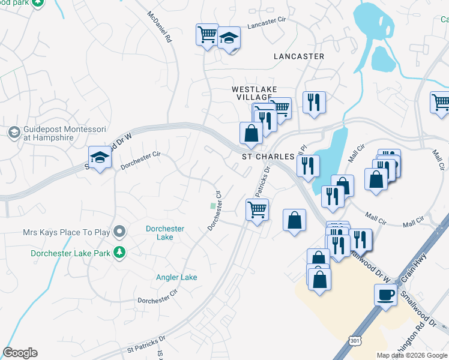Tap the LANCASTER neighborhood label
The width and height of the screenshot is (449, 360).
(298, 56)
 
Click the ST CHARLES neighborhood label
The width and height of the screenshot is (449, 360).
(268, 157)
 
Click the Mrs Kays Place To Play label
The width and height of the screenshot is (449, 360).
(68, 232)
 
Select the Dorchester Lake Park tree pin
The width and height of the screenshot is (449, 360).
(121, 253)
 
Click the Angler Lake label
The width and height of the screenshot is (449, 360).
(176, 277)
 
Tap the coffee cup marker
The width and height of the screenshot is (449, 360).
(385, 295)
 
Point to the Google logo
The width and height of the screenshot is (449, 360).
(20, 352)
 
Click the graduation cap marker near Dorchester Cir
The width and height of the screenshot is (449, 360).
(100, 157)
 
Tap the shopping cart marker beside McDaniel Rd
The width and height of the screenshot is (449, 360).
(207, 34)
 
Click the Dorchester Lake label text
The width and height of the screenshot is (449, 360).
(165, 233)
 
